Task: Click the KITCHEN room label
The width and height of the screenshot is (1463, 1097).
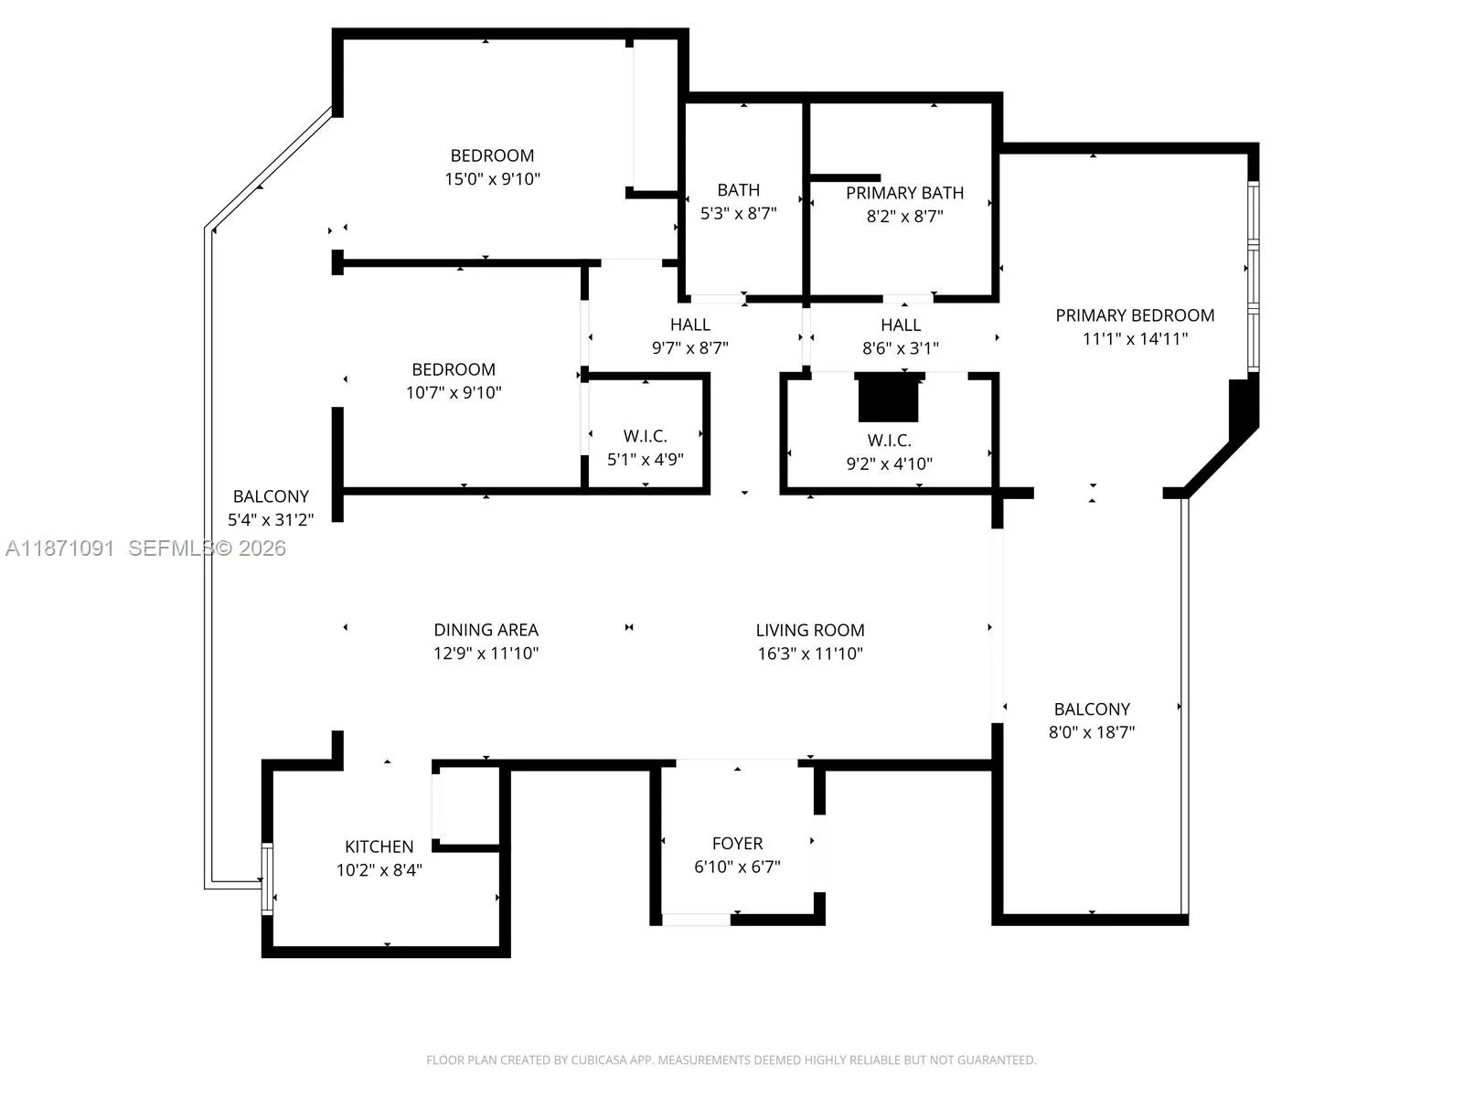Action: pyautogui.click(x=379, y=847)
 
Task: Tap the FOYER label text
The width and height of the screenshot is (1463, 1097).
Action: pyautogui.click(x=737, y=843)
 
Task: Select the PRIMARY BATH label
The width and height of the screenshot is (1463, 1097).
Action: pyautogui.click(x=904, y=193)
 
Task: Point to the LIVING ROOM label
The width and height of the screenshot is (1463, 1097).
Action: pyautogui.click(x=810, y=630)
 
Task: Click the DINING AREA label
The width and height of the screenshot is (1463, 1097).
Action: pyautogui.click(x=486, y=630)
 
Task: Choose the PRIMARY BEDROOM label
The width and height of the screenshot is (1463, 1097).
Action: pyautogui.click(x=1135, y=315)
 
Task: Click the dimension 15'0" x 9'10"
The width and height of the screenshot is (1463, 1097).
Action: pyautogui.click(x=493, y=178)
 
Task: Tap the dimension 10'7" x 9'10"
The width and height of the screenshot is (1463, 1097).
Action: pyautogui.click(x=454, y=392)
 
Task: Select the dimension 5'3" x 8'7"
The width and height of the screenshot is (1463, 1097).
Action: pyautogui.click(x=739, y=213)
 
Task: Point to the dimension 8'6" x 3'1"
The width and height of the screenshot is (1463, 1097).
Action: pyautogui.click(x=901, y=347)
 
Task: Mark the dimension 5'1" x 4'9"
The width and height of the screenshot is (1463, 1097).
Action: pyautogui.click(x=646, y=459)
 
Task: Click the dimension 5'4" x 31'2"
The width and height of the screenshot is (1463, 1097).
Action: pyautogui.click(x=271, y=519)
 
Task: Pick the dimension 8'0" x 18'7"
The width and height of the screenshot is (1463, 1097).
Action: pyautogui.click(x=1092, y=732)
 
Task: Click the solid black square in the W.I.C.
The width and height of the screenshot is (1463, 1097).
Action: pyautogui.click(x=888, y=398)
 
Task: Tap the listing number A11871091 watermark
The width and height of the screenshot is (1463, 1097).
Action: pyautogui.click(x=60, y=548)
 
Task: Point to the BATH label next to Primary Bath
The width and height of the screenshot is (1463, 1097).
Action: pyautogui.click(x=739, y=190)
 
